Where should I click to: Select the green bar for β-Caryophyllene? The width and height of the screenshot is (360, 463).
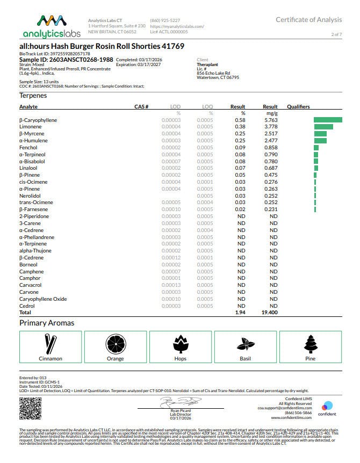click(328, 120)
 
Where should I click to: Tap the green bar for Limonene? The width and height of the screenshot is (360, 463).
click(323, 127)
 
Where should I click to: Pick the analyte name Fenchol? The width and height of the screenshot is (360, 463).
click(28, 147)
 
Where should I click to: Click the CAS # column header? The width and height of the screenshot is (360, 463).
click(141, 107)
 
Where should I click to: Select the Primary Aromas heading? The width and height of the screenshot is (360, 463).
click(47, 323)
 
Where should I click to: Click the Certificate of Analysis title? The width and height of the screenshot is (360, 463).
click(308, 20)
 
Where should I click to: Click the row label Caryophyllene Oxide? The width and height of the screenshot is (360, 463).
click(43, 299)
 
